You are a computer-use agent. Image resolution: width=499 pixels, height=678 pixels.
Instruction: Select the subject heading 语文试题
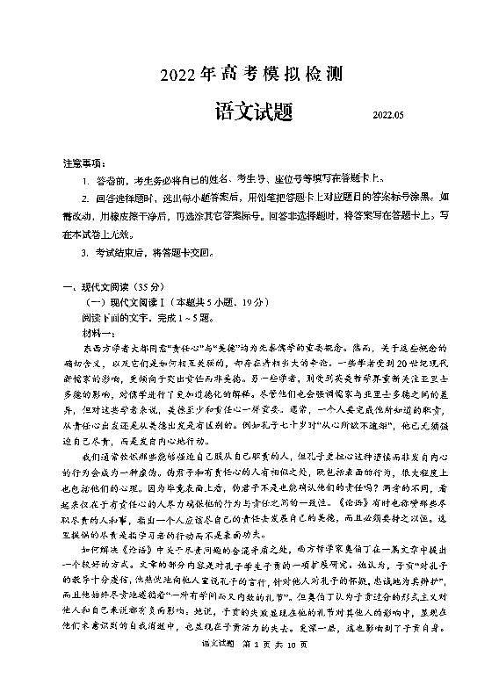(256, 112)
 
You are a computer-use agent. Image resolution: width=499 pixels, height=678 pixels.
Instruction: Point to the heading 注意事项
(84, 164)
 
